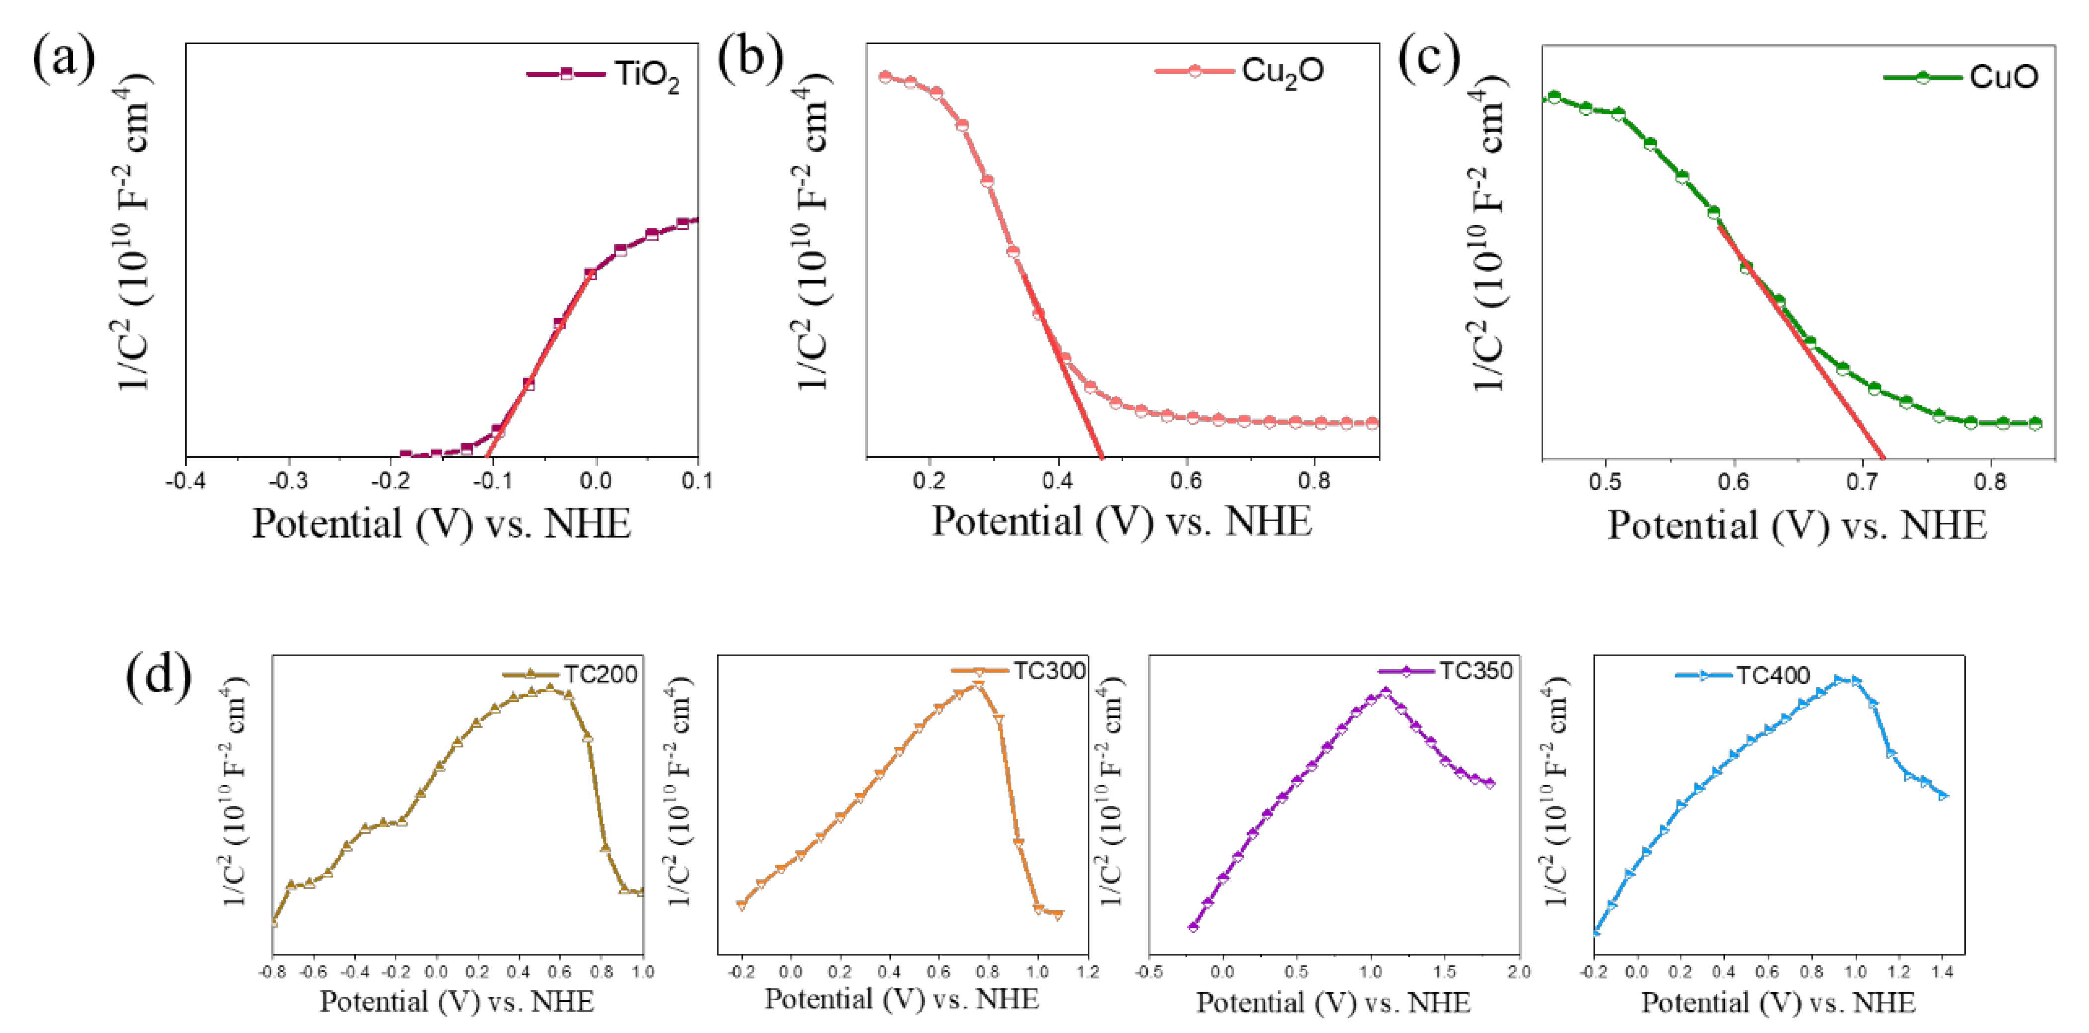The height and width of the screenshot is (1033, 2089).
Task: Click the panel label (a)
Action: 63,59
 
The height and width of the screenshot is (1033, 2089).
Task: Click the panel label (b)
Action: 750,59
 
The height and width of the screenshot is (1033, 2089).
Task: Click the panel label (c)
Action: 1429,59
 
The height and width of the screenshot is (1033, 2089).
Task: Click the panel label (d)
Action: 158,675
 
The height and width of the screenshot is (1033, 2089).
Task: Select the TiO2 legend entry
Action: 646,75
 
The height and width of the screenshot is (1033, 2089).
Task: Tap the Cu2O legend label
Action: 1282,72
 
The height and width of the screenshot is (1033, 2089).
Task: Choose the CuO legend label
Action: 2003,77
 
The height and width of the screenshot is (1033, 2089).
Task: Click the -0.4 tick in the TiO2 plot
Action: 186,481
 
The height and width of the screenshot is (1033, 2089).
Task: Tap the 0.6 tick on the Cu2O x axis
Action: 1186,481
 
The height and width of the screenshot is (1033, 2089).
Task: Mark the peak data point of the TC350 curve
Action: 1385,692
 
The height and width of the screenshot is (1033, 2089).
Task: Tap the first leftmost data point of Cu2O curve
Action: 885,77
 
